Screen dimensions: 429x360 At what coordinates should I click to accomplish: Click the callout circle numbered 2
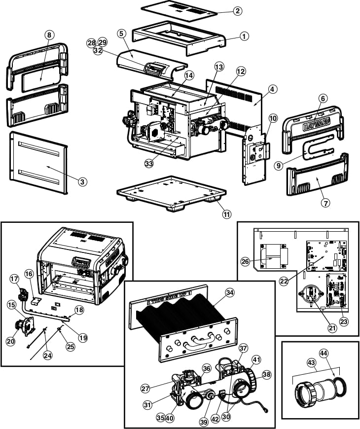[x=238, y=10]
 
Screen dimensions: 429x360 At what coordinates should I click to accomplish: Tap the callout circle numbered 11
[x=226, y=214]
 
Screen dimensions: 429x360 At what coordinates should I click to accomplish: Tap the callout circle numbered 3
[x=83, y=181]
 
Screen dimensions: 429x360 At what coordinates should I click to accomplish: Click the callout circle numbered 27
[x=145, y=388]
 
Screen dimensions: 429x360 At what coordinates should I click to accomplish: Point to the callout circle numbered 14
[x=189, y=75]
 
